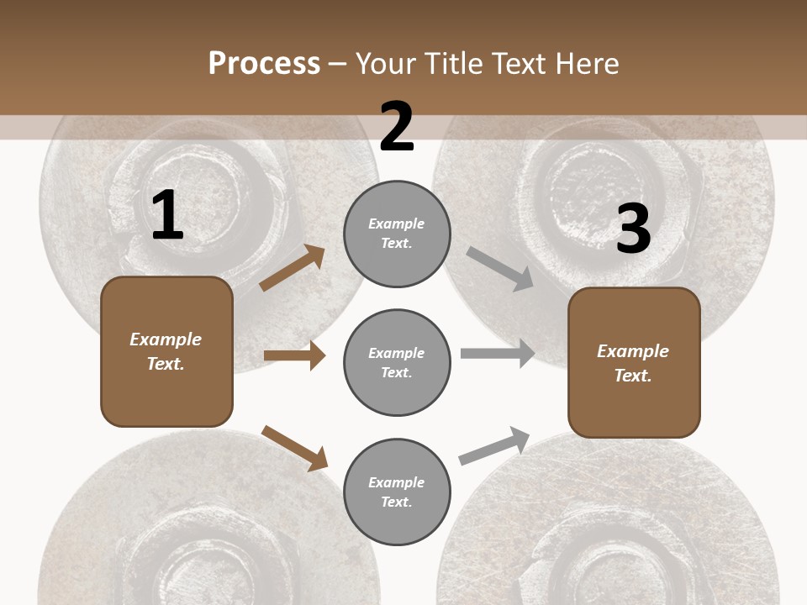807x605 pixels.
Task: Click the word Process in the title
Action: click(x=264, y=64)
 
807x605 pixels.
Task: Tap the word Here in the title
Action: click(x=587, y=64)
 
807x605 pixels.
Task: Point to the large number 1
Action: click(x=167, y=217)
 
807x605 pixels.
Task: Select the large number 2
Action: click(x=397, y=127)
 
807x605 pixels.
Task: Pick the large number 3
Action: click(x=633, y=229)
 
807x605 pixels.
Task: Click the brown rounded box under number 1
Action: click(x=166, y=351)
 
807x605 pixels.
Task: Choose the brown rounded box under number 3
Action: click(x=634, y=363)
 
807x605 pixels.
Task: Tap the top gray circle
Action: click(x=397, y=234)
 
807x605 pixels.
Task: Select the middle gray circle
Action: click(x=397, y=362)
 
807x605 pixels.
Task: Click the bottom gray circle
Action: click(x=397, y=492)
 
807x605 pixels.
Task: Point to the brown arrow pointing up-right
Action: click(x=293, y=268)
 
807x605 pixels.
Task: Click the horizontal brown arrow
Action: click(x=294, y=355)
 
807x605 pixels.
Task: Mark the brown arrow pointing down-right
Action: click(x=294, y=447)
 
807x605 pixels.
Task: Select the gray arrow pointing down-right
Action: click(x=500, y=268)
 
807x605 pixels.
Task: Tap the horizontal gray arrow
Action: click(x=498, y=353)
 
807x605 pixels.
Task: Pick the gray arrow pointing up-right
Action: click(x=494, y=445)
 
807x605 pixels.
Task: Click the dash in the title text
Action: click(x=337, y=64)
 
